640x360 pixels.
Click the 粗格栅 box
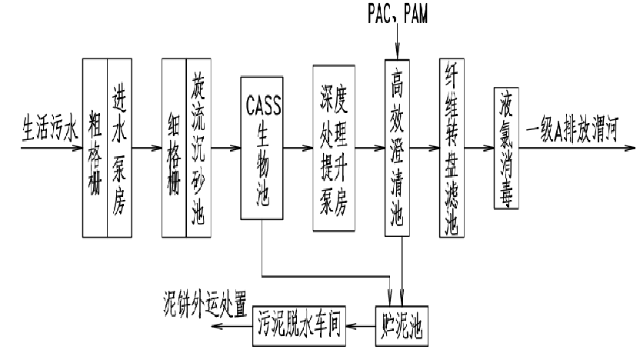click(x=95, y=147)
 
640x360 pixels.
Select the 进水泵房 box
click(x=118, y=147)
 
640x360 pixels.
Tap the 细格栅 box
click(x=174, y=147)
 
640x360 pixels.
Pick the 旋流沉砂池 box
click(x=197, y=147)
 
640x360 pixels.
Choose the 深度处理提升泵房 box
click(x=333, y=147)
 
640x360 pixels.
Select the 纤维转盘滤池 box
click(x=452, y=147)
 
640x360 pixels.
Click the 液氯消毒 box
click(x=508, y=147)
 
